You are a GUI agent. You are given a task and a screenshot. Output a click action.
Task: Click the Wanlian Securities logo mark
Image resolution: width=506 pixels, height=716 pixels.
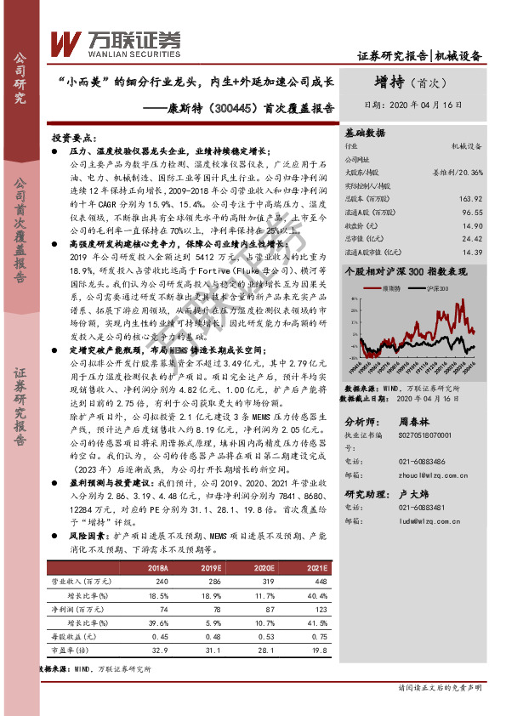(65, 43)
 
